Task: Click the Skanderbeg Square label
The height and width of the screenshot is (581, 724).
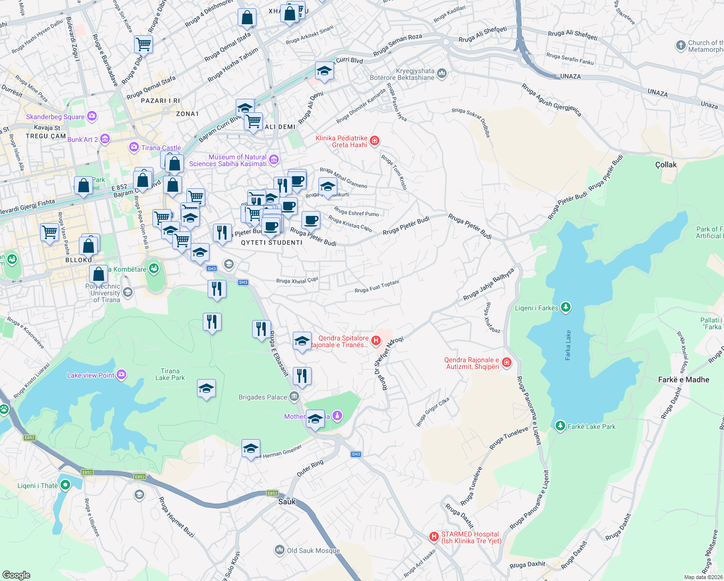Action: click(55, 117)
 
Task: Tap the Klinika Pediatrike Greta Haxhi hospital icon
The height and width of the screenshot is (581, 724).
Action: click(374, 141)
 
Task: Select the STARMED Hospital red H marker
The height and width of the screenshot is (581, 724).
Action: click(434, 536)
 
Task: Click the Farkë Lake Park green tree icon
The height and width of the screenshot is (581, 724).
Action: click(560, 426)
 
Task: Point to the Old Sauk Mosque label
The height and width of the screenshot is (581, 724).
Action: click(313, 550)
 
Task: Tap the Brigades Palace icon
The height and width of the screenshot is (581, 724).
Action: click(294, 397)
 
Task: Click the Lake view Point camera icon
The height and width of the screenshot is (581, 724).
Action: click(121, 375)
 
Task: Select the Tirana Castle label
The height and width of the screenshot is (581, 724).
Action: click(161, 148)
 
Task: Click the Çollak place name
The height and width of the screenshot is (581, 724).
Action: click(666, 165)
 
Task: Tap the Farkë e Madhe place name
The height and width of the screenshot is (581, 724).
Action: click(683, 380)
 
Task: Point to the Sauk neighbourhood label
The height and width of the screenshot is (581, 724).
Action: click(287, 502)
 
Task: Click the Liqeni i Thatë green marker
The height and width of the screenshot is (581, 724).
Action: click(65, 486)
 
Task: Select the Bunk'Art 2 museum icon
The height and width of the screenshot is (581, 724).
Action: click(105, 139)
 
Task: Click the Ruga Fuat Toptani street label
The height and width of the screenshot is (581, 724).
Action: click(377, 287)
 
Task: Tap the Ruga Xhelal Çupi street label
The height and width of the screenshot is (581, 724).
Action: click(297, 280)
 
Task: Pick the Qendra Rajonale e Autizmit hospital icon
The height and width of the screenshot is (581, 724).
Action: click(506, 363)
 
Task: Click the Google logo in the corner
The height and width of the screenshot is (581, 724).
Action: click(16, 575)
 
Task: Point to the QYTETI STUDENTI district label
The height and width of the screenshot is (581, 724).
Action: click(271, 243)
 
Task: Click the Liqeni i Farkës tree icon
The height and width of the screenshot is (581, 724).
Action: click(565, 307)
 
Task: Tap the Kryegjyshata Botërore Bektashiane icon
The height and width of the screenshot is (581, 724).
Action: click(441, 74)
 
